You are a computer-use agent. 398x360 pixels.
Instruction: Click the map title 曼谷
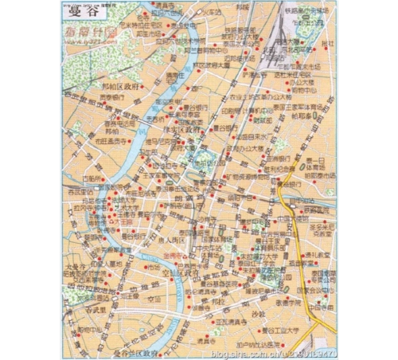77,10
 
